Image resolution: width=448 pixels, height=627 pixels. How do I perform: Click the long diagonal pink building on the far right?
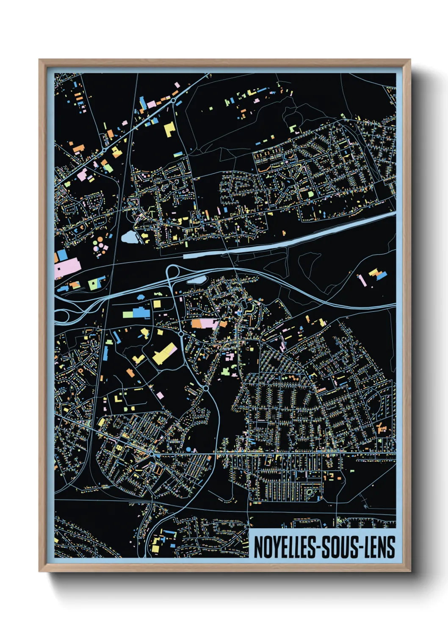362,280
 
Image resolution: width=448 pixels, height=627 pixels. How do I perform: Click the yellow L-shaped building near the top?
169,128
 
